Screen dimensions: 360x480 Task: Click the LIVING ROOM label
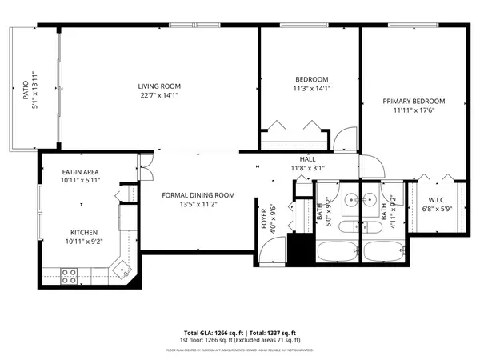coord(159,86)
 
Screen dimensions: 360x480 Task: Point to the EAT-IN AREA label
coord(81,172)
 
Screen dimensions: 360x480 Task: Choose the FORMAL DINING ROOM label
coord(198,194)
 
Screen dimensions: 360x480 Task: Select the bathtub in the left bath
coord(338,251)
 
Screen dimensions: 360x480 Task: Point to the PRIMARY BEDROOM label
coord(413,102)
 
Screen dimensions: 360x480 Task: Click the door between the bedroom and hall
coord(345,138)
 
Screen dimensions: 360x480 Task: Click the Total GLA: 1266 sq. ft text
coord(211,332)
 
